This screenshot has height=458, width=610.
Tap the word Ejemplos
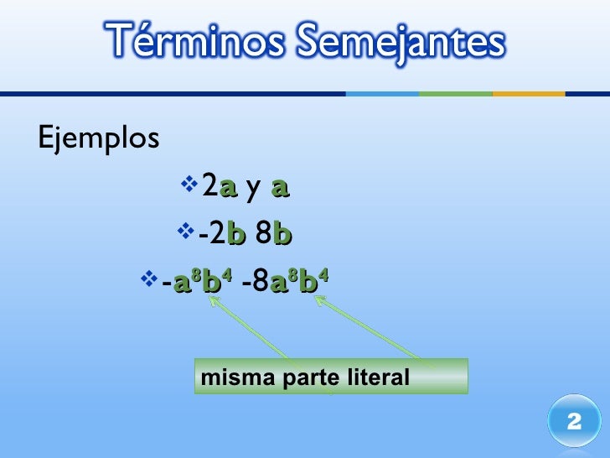(x=98, y=138)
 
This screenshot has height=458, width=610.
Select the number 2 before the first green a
(x=209, y=186)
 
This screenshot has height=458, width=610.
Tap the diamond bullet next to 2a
(x=188, y=182)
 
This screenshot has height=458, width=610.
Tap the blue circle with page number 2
(x=574, y=421)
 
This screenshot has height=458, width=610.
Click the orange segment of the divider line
(x=528, y=94)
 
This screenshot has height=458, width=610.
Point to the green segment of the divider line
(x=454, y=94)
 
